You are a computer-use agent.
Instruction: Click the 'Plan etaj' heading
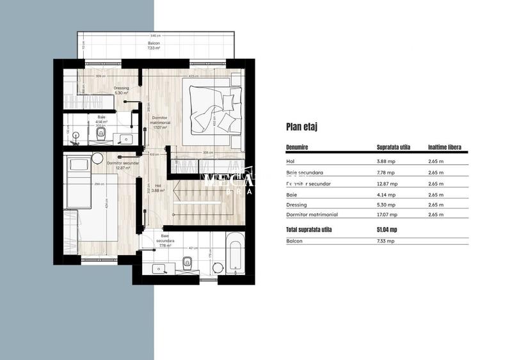pyautogui.click(x=302, y=127)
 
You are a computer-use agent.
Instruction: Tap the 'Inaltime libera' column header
pyautogui.click(x=445, y=146)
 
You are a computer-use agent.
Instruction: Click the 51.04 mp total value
pyautogui.click(x=387, y=229)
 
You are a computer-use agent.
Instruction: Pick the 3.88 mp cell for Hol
pyautogui.click(x=386, y=160)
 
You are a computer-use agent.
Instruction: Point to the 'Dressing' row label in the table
pyautogui.click(x=297, y=205)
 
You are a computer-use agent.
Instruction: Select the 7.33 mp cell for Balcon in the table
pyautogui.click(x=386, y=241)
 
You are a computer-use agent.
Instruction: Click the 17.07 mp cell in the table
pyautogui.click(x=387, y=215)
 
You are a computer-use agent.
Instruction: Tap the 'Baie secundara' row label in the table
pyautogui.click(x=305, y=171)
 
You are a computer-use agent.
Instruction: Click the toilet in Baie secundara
pyautogui.click(x=187, y=261)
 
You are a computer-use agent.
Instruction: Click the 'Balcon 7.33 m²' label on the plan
pyautogui.click(x=153, y=45)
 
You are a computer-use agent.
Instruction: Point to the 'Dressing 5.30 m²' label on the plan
pyautogui.click(x=122, y=90)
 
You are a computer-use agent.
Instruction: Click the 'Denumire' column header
pyautogui.click(x=298, y=146)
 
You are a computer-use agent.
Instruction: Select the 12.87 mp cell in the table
pyautogui.click(x=387, y=183)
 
